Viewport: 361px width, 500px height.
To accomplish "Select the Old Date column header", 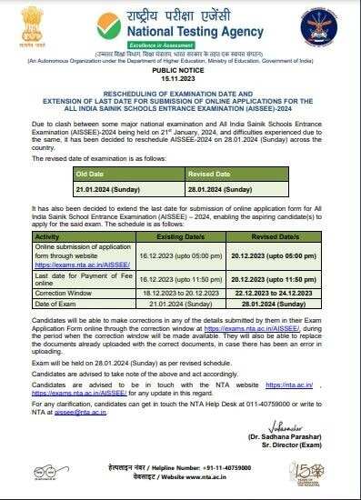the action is tap(91, 172).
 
